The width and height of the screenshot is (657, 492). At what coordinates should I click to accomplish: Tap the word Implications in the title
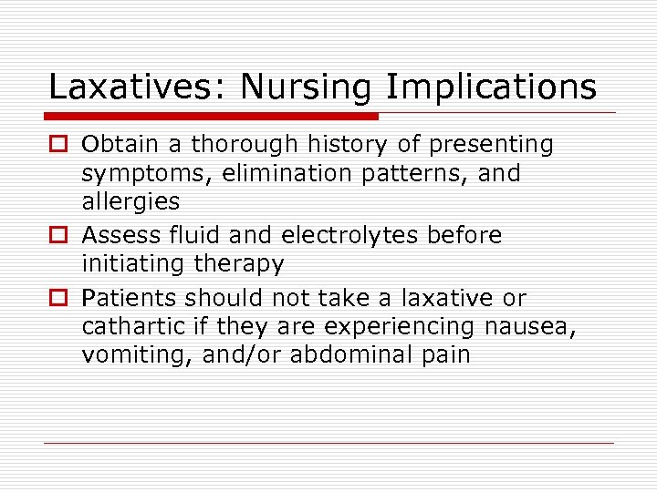[x=491, y=87]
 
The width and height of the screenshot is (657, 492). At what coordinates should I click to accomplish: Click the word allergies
[x=130, y=201]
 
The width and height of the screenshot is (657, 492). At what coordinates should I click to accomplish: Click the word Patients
[x=128, y=298]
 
